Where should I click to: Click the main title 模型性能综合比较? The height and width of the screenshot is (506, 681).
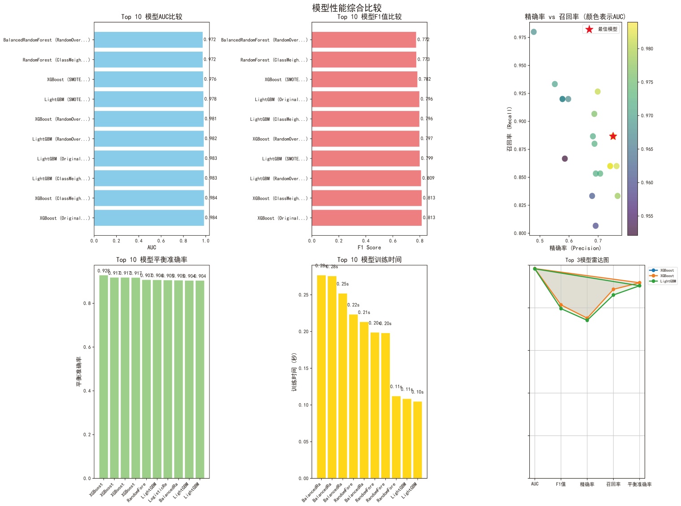pos(347,8)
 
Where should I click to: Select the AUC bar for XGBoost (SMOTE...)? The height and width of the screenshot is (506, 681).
pos(148,79)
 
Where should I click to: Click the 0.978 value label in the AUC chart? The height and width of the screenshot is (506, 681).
pos(210,99)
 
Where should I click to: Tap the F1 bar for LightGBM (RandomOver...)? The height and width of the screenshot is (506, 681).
pos(366,178)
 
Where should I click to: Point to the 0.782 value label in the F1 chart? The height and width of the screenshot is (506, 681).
pos(424,79)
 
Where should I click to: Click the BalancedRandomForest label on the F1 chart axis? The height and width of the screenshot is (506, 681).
pos(264,40)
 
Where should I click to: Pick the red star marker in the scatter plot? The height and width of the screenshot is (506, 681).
pos(613,136)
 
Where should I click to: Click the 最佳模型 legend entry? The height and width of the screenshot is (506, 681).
pos(607,29)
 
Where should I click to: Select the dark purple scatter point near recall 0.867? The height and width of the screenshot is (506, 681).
pos(565,158)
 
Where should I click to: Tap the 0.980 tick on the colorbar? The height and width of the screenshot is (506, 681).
pos(647,49)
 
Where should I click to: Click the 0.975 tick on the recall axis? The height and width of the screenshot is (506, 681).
pos(520,38)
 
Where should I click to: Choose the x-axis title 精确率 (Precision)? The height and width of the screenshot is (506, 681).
pos(575,248)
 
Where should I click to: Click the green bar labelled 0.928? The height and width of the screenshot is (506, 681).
pos(104,376)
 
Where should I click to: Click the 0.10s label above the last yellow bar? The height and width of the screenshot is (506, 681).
pos(418,392)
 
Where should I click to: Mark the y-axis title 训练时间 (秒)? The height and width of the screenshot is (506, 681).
pos(294,372)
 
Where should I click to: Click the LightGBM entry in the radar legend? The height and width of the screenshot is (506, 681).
pos(667,282)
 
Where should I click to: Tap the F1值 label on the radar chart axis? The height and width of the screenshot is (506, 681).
pos(561,484)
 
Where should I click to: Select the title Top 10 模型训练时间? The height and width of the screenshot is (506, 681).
pos(369,260)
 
